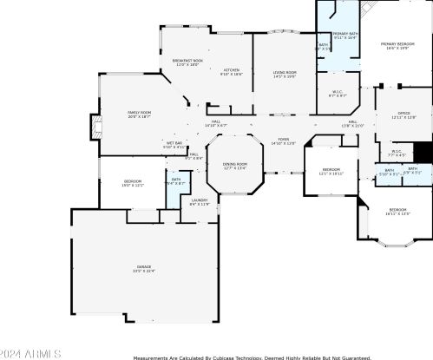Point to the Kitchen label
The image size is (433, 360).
[231, 72]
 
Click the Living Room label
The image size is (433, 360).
[285, 75]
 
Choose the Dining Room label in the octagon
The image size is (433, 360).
[234, 166]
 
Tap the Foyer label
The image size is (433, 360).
[284, 141]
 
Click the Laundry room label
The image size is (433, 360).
[199, 202]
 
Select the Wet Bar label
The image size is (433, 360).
[174, 144]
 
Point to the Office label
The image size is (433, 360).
[403, 115]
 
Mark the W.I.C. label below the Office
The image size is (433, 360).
[396, 154]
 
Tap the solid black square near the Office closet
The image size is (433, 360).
[423, 152]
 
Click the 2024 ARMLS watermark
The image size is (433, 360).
[31, 354]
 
